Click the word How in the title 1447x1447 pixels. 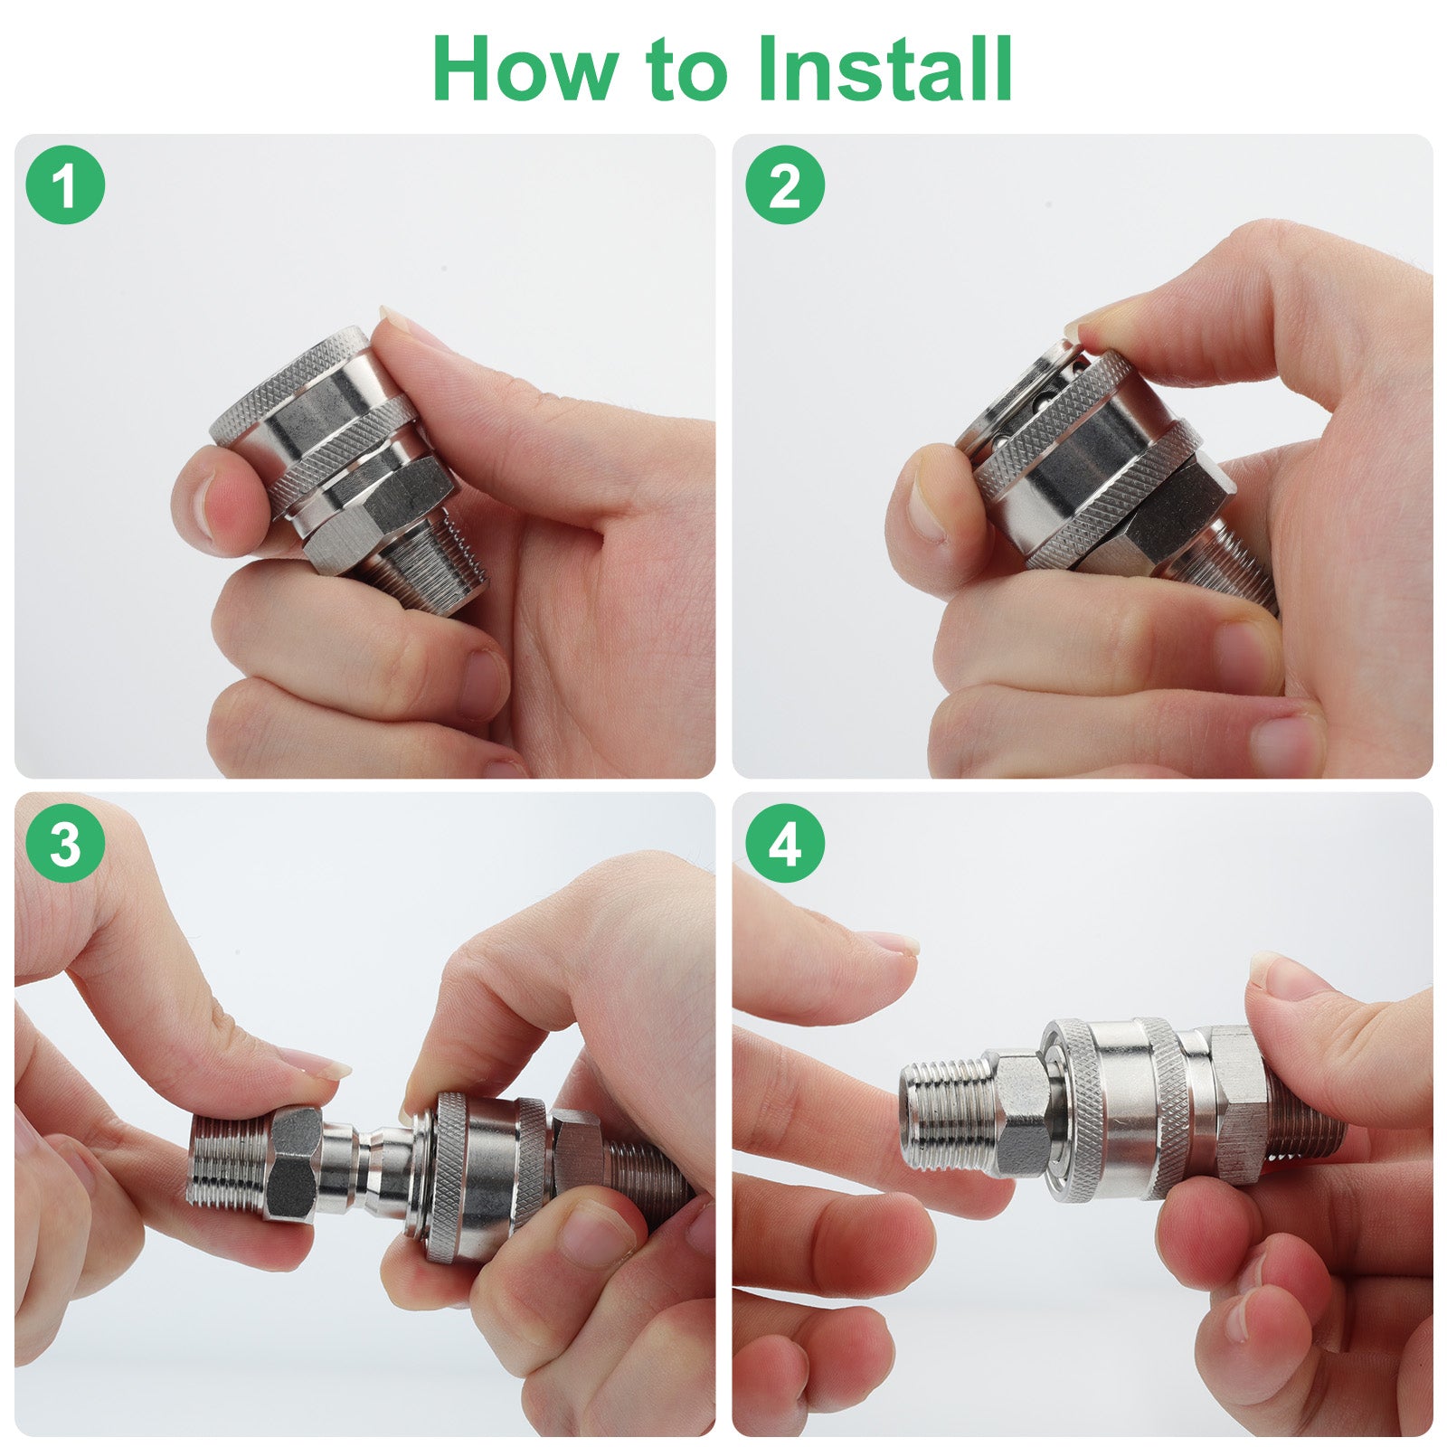click(x=525, y=69)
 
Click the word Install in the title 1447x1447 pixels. click(x=884, y=69)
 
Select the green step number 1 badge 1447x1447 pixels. click(x=65, y=184)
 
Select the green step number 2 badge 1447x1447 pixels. click(x=785, y=184)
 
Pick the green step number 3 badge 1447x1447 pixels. click(x=65, y=843)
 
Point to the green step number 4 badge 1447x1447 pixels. click(x=785, y=843)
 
